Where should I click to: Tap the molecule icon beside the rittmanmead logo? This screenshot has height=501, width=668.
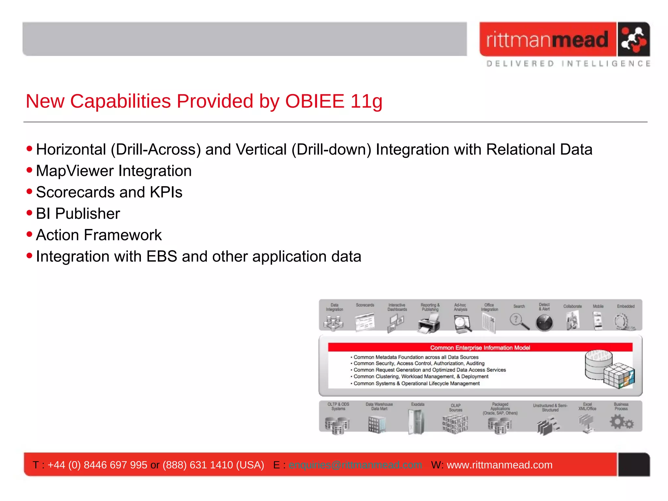[x=633, y=39]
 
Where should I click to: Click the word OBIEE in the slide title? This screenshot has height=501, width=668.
[x=314, y=101]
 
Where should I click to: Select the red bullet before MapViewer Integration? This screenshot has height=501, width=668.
[x=29, y=170]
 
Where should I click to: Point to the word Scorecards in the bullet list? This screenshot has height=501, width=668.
[x=74, y=192]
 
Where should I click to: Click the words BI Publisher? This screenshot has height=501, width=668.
[x=78, y=214]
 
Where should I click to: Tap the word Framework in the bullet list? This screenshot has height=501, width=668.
[x=123, y=235]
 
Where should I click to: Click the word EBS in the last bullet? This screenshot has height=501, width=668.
[x=161, y=256]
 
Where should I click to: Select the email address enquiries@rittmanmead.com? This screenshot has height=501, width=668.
[x=355, y=465]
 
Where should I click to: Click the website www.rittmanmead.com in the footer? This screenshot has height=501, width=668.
[x=499, y=465]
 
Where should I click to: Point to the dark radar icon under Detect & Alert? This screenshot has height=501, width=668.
[x=544, y=323]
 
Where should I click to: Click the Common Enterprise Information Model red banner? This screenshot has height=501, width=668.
[x=480, y=348]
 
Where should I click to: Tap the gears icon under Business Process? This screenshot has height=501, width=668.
[x=621, y=422]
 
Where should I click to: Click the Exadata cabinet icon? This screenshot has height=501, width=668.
[x=417, y=422]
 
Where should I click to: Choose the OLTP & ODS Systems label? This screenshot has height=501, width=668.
[x=338, y=406]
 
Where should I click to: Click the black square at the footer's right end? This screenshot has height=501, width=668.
[x=633, y=465]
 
